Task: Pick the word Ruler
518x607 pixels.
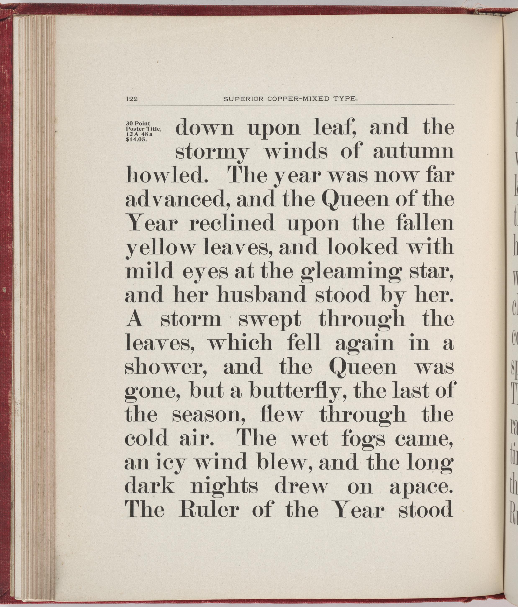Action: [207, 510]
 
